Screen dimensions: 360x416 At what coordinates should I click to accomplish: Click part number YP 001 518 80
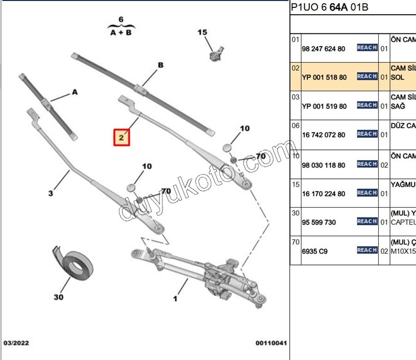(x=324, y=77)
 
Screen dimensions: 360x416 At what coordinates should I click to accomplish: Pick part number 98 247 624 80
(x=324, y=49)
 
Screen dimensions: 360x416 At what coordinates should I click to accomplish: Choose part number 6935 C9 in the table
(x=315, y=251)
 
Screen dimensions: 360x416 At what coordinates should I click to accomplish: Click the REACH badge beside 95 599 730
(x=367, y=221)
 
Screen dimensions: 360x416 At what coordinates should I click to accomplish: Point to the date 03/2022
(x=16, y=343)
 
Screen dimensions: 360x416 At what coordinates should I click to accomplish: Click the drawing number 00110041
(x=271, y=343)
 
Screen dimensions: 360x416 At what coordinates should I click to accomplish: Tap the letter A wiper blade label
(x=75, y=92)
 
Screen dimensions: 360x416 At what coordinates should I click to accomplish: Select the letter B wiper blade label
(x=160, y=65)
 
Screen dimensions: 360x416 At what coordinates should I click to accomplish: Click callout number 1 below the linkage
(x=175, y=298)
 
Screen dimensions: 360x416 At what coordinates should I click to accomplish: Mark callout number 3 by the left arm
(x=50, y=193)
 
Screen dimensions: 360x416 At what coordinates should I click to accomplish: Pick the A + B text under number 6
(x=121, y=32)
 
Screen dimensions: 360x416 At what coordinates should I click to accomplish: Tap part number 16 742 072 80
(x=324, y=135)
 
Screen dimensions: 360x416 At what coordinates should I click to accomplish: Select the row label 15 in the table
(x=295, y=185)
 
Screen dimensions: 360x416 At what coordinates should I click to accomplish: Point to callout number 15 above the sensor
(x=202, y=32)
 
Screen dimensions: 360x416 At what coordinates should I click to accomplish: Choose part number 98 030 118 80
(x=324, y=165)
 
